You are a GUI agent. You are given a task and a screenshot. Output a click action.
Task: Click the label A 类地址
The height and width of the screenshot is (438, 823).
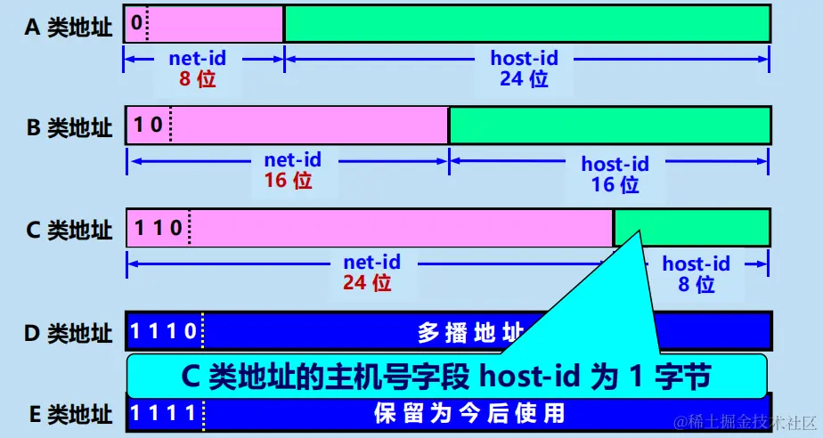69,28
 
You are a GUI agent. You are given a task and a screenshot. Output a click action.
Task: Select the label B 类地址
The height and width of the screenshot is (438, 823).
69,128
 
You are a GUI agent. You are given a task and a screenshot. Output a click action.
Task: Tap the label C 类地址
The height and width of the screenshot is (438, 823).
69,230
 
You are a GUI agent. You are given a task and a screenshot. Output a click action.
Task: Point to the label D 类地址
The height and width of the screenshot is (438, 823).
69,334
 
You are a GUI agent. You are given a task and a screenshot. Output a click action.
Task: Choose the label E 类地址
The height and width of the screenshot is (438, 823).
69,414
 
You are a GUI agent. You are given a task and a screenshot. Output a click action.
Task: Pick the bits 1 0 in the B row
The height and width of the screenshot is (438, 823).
148,125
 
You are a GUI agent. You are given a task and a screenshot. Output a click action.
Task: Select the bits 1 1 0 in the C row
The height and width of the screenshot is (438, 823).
158,227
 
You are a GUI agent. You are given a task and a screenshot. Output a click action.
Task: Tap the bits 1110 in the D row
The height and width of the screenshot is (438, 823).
164,332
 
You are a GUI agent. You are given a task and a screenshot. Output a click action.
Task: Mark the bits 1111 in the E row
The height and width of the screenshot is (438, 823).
164,413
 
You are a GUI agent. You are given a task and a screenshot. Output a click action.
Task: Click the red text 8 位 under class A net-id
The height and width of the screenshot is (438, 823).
197,79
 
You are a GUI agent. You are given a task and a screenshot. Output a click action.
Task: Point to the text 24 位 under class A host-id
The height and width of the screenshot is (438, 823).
524,79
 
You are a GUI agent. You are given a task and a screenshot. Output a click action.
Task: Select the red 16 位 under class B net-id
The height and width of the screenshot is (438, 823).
288,181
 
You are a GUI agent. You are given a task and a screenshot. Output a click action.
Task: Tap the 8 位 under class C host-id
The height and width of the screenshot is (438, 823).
696,285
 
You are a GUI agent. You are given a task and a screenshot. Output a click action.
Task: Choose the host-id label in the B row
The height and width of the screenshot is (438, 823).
615,164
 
